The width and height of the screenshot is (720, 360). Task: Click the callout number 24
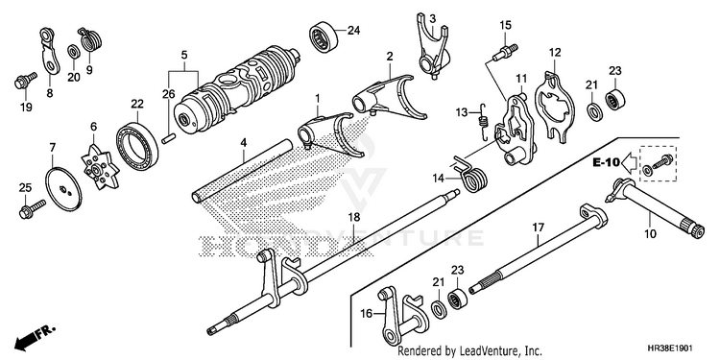(x=353, y=31)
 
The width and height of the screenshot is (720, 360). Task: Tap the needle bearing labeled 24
(x=324, y=36)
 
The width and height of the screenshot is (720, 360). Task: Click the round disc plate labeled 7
(x=63, y=189)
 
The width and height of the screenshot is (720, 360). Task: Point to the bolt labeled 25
(x=32, y=207)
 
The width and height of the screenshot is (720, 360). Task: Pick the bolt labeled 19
(x=26, y=81)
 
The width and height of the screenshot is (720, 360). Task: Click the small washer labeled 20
(x=73, y=51)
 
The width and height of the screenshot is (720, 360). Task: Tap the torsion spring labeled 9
(x=90, y=40)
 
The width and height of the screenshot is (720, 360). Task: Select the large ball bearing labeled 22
(x=137, y=146)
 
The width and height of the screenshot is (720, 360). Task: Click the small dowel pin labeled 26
(x=169, y=137)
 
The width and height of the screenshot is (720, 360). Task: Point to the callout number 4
(x=244, y=143)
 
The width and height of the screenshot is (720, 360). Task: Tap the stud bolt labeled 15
(x=505, y=53)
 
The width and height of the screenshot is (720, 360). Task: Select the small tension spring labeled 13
(x=481, y=121)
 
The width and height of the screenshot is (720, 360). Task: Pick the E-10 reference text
(x=606, y=162)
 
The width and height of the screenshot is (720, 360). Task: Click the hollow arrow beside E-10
(x=629, y=162)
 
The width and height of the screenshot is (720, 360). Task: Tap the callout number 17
(x=539, y=227)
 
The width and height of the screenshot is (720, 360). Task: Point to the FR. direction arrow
(x=35, y=336)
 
